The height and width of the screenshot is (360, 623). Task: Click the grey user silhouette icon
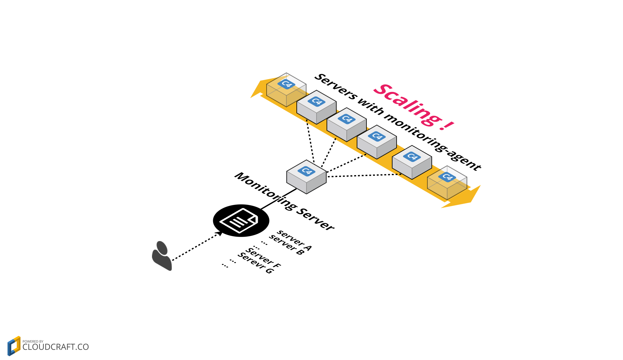pyautogui.click(x=162, y=255)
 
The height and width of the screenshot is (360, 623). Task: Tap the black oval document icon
pyautogui.click(x=241, y=220)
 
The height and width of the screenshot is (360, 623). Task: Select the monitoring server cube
pyautogui.click(x=306, y=177)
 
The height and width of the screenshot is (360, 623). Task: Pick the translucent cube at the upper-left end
pyautogui.click(x=286, y=90)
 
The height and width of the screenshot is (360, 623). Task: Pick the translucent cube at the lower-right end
pyautogui.click(x=447, y=183)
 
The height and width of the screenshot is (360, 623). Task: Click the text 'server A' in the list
pyautogui.click(x=294, y=240)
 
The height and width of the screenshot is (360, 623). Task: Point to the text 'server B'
pyautogui.click(x=287, y=245)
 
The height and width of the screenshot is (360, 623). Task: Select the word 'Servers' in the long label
pyautogui.click(x=335, y=86)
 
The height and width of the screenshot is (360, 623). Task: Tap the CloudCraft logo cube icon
pyautogui.click(x=14, y=346)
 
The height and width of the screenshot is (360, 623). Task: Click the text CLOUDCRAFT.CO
pyautogui.click(x=56, y=347)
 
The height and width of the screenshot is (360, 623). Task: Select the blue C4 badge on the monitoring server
pyautogui.click(x=306, y=171)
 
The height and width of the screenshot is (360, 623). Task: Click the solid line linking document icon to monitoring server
pyautogui.click(x=278, y=199)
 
